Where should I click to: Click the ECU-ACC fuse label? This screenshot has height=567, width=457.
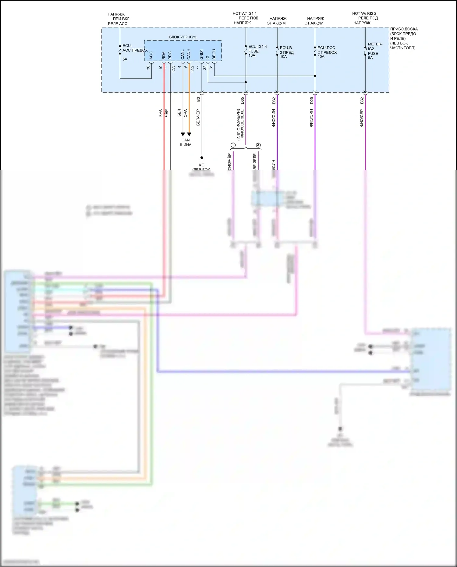click(135, 48)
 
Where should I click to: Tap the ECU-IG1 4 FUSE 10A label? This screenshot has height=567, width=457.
click(257, 51)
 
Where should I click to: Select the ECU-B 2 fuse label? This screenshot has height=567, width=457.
click(287, 52)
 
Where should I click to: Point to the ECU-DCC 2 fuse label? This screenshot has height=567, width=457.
click(327, 52)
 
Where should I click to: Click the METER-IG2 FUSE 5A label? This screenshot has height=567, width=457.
click(375, 51)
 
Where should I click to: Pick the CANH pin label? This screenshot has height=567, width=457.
click(189, 54)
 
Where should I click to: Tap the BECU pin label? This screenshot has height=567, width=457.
click(214, 54)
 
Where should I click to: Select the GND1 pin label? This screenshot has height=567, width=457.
click(201, 54)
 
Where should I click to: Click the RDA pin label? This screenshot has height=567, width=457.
click(164, 55)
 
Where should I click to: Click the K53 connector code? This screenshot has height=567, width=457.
click(173, 69)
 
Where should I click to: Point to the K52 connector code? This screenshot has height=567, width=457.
click(192, 69)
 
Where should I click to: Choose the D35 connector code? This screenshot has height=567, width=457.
click(243, 100)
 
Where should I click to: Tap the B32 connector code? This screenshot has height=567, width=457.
click(362, 100)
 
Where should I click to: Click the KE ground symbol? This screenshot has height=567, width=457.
click(201, 158)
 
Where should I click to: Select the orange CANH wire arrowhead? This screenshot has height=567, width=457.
click(189, 134)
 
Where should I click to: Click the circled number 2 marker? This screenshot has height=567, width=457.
click(258, 145)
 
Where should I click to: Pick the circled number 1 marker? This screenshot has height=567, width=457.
click(233, 145)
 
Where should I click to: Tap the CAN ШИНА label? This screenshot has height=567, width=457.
click(186, 142)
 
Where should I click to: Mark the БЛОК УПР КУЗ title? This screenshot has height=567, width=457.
click(182, 37)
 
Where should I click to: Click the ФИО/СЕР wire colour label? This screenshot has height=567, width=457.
click(362, 118)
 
